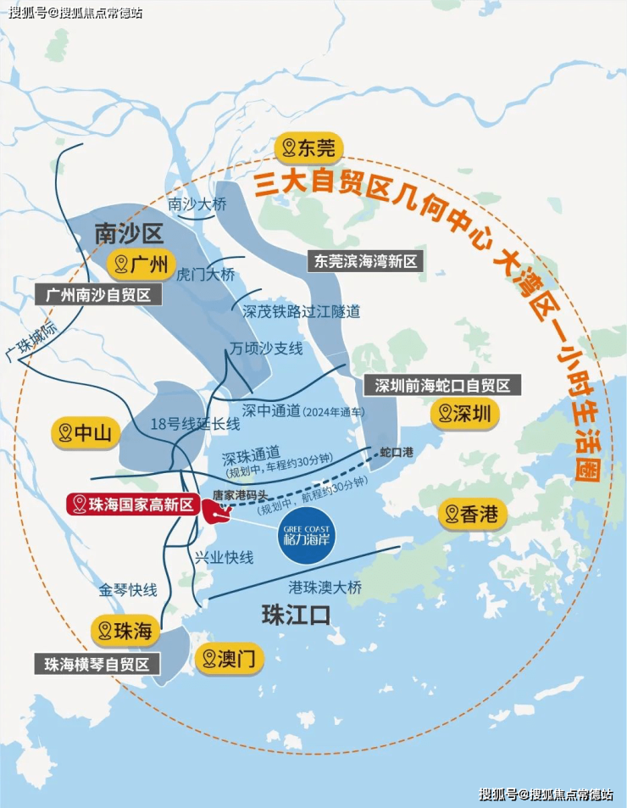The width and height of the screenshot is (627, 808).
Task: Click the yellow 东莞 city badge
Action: click(x=308, y=148)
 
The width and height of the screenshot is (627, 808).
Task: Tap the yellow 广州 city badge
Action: click(x=141, y=264)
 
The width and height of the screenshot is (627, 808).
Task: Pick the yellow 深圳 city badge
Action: click(x=464, y=414)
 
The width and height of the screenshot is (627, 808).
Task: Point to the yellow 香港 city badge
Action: click(x=473, y=515)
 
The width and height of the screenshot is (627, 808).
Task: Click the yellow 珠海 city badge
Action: click(x=125, y=630)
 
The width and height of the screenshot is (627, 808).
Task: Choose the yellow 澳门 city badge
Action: click(x=229, y=658)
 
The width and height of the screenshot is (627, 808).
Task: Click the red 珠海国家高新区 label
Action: click(x=133, y=505)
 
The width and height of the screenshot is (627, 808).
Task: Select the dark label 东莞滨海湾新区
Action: click(x=366, y=261)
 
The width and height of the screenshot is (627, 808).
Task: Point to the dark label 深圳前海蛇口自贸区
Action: click(x=442, y=385)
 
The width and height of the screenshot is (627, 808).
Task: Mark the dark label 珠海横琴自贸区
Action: click(x=97, y=663)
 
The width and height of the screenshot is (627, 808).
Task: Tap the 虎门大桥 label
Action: click(x=205, y=274)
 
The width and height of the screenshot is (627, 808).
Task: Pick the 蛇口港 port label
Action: click(x=397, y=453)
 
